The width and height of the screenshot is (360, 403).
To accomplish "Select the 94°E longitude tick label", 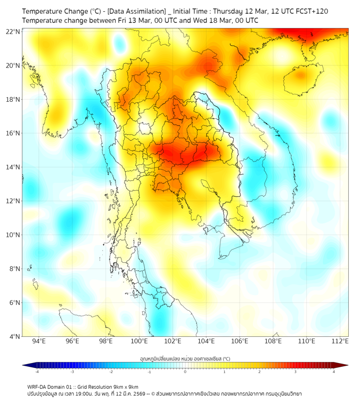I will click(39, 342).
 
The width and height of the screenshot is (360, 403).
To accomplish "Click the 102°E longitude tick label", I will click(173, 342).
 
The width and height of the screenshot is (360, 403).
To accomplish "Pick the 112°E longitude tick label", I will click(340, 342).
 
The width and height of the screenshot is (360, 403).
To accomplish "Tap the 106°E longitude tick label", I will click(240, 342).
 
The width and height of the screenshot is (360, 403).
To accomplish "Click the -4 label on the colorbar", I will click(37, 372).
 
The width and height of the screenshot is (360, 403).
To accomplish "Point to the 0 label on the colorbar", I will click(185, 372).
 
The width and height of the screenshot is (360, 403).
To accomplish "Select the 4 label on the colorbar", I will click(334, 372).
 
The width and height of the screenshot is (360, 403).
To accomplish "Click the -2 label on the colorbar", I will click(111, 372).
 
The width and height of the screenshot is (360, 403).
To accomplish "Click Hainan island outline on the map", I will click(300, 80).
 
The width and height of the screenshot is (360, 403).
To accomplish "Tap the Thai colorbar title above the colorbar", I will click(185, 358).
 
